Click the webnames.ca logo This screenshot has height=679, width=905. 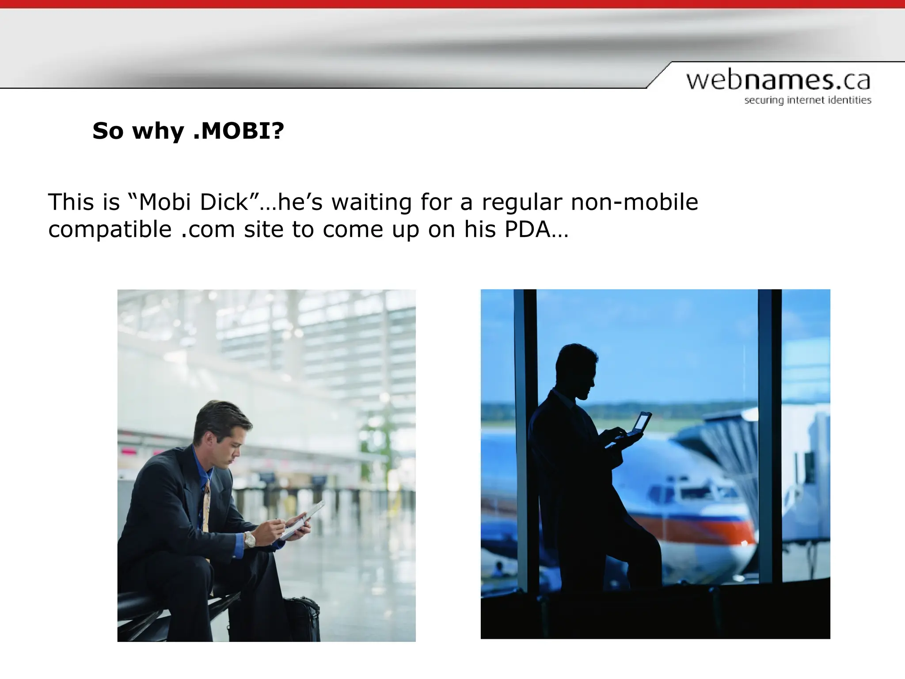[778, 81]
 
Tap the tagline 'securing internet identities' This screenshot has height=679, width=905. [807, 100]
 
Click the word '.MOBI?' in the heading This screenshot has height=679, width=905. [239, 131]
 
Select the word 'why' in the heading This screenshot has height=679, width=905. [158, 131]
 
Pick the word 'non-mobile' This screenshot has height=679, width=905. [634, 202]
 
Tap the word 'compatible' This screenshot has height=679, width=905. [110, 229]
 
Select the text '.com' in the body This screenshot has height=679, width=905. [208, 229]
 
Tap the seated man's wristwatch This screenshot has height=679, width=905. [250, 539]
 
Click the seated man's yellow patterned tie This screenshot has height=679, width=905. [206, 508]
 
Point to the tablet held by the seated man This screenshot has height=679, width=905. [305, 519]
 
